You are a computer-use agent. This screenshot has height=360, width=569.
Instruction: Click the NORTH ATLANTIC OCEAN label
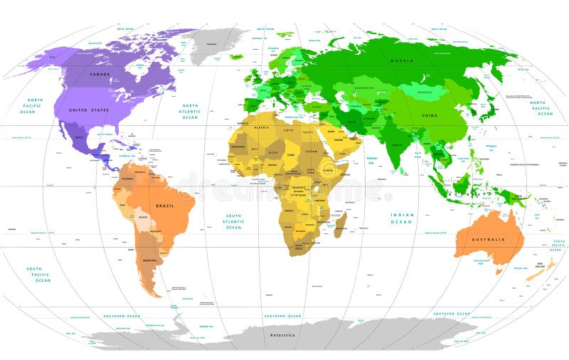pyautogui.click(x=190, y=111)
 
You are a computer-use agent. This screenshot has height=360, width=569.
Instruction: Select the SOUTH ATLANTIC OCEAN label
pyautogui.click(x=234, y=221)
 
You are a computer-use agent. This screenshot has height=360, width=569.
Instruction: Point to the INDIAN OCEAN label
pyautogui.click(x=401, y=218)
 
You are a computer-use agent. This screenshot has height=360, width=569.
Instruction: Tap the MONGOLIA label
pyautogui.click(x=426, y=92)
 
